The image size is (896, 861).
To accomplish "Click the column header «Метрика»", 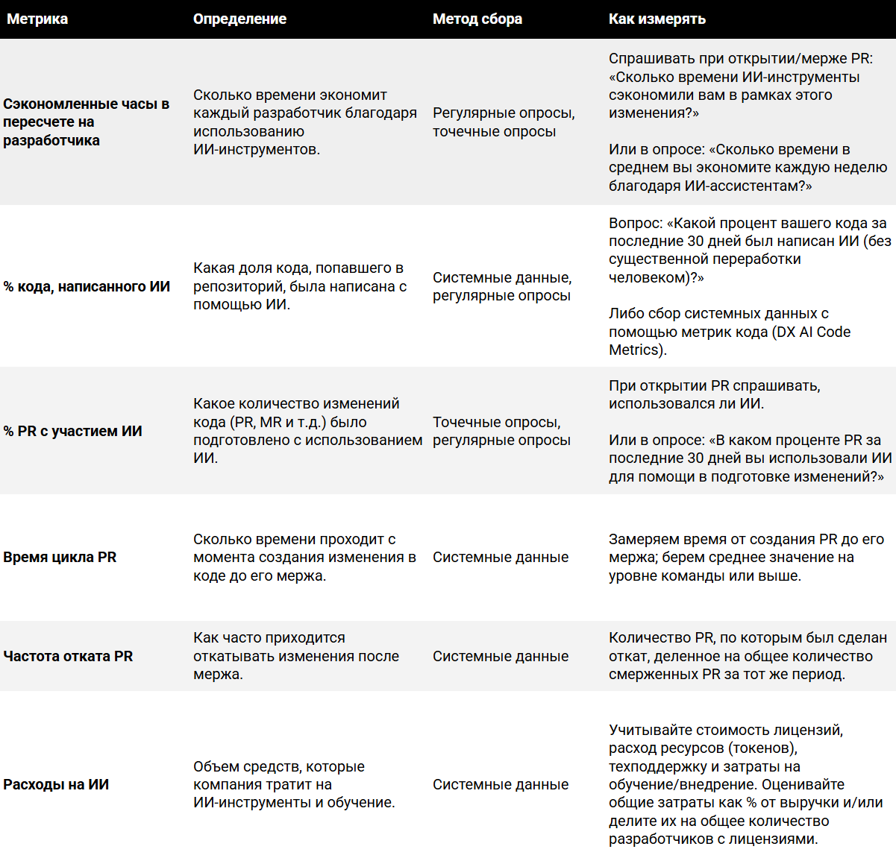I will (x=37, y=19).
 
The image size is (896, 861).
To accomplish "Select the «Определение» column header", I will (x=239, y=19).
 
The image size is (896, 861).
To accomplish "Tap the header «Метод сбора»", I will (x=477, y=19).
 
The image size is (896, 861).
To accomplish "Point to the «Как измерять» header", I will (x=657, y=19).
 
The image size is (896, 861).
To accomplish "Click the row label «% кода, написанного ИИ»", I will (x=87, y=286).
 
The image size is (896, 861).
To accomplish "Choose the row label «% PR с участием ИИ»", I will (x=72, y=431).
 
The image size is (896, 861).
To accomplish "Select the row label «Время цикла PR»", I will (x=60, y=557).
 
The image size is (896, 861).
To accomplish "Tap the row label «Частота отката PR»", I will (x=68, y=656).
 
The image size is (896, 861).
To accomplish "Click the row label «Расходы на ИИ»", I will (x=56, y=784).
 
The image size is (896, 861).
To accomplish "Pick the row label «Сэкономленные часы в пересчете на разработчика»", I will (x=86, y=122).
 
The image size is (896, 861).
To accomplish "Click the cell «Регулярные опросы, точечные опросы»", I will (x=504, y=122).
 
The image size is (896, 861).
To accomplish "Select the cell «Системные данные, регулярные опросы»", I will (x=502, y=286).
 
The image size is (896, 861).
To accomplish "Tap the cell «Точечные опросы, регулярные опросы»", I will (x=501, y=431).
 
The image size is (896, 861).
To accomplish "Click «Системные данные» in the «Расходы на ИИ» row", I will (x=501, y=784).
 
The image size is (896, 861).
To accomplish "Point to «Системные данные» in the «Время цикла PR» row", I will (x=501, y=557).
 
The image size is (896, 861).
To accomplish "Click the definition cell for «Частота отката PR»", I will (x=295, y=656).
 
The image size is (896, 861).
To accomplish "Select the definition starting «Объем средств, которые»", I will (x=294, y=784).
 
